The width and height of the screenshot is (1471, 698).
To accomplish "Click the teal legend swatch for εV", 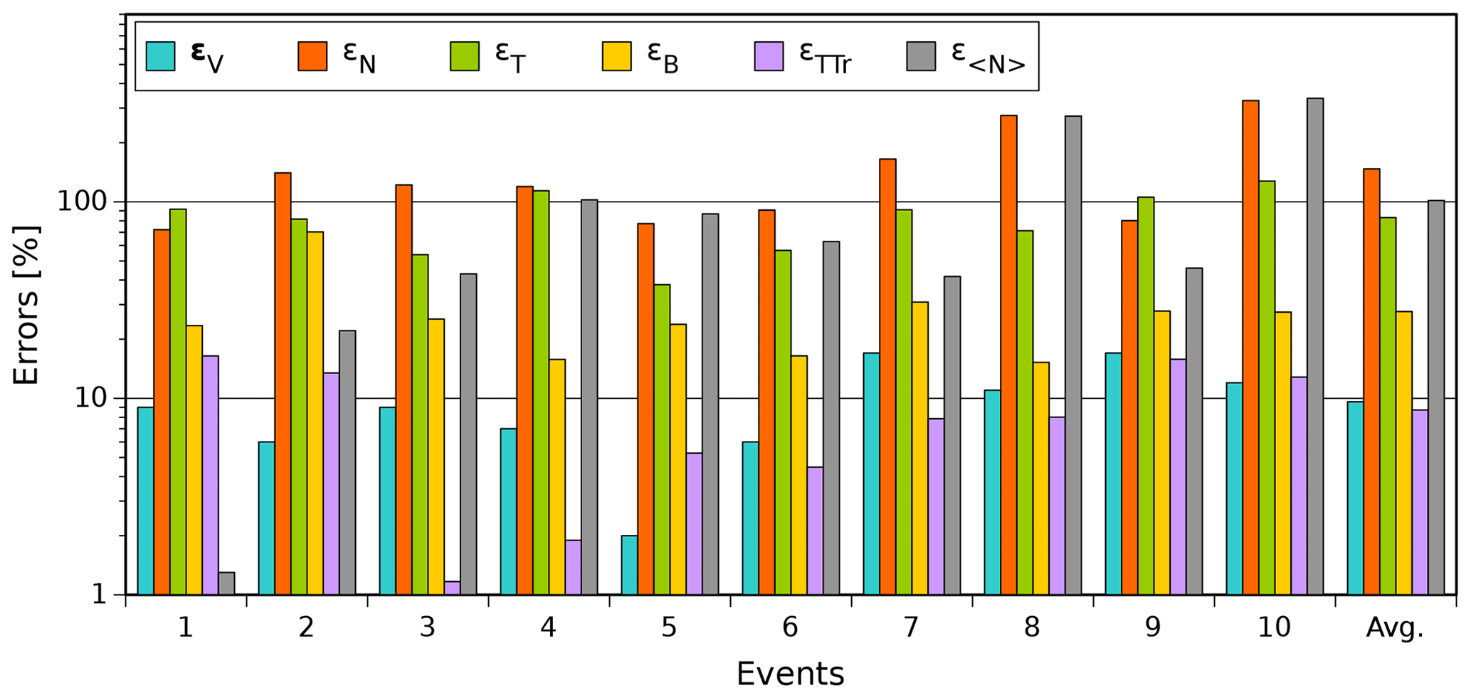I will coord(160,56).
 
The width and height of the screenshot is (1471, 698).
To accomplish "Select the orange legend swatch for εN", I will coord(312,56).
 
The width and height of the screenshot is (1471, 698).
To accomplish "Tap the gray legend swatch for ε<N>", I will coord(921,56).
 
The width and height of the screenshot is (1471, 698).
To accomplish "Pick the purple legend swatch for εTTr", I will coord(769,56).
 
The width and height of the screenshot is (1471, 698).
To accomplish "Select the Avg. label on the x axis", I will coord(1394,627).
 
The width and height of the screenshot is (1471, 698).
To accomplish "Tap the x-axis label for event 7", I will coord(911,627).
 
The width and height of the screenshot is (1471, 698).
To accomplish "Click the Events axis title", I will coord(790,673).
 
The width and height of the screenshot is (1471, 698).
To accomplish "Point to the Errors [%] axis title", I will coord(26,305).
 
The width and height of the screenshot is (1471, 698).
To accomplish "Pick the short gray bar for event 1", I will coord(226,583).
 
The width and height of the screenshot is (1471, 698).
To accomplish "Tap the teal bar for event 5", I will coord(629,565).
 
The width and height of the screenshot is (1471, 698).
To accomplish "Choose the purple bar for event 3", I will coord(452,588).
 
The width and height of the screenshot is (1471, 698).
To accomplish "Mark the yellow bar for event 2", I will coord(315,413).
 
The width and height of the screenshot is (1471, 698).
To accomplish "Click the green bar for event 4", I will coord(541,392).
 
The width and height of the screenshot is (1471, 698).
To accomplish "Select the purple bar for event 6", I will coord(815,531).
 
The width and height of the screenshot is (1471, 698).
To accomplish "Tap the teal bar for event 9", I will coord(1113,474).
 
